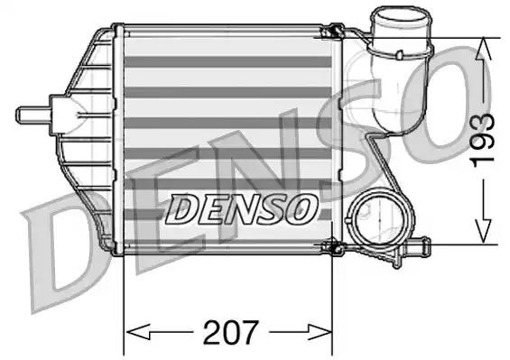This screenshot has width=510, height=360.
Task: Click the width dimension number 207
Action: click(x=228, y=330)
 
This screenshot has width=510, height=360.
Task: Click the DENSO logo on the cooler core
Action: click(x=242, y=209)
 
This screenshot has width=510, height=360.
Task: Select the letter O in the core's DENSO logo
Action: click(x=301, y=209)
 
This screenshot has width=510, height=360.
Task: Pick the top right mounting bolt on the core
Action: click(x=331, y=35)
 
